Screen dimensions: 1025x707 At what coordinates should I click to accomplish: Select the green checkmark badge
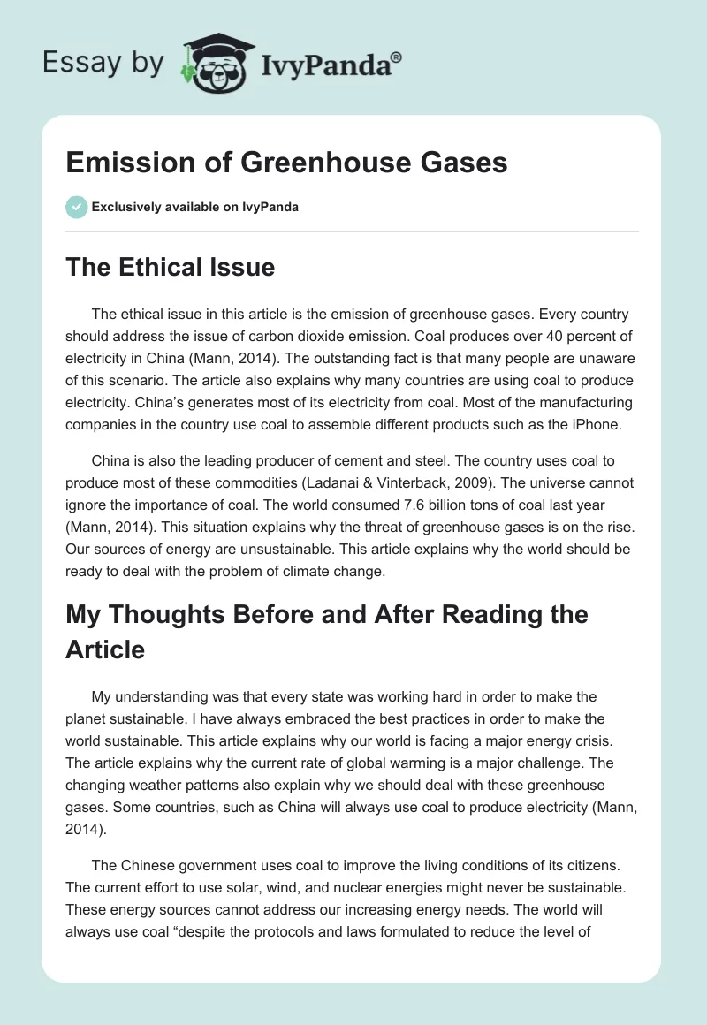click(x=76, y=207)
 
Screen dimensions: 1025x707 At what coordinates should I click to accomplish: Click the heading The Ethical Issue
click(x=170, y=267)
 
